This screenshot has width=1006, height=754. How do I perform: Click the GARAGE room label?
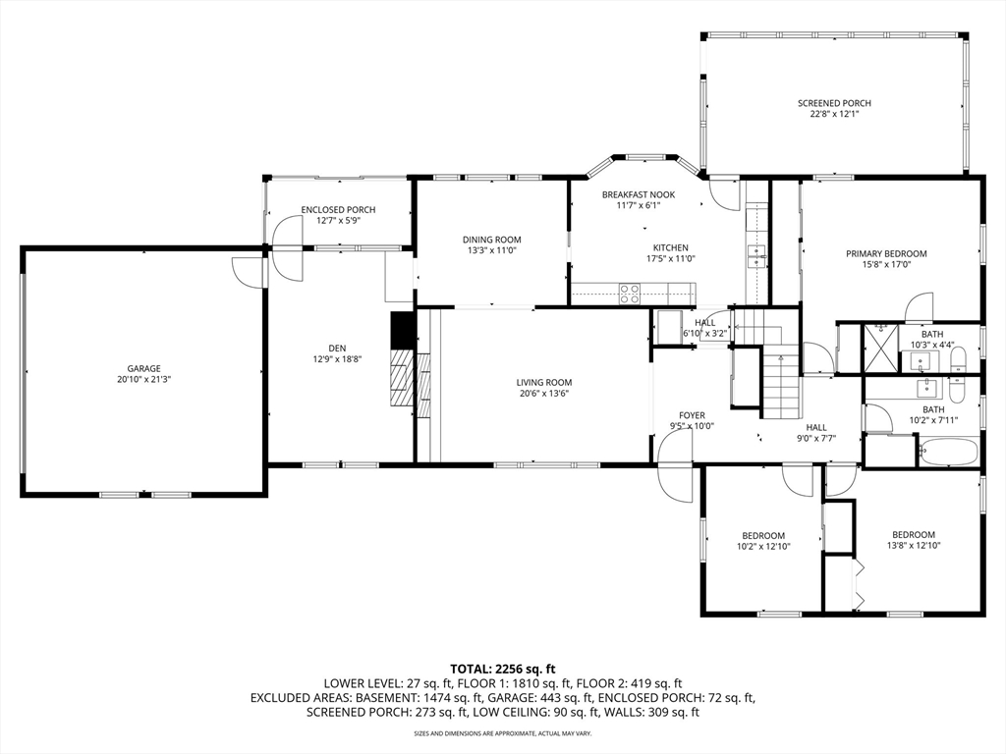coord(143,369)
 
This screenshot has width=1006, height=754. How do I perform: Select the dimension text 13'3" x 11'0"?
coord(491,250)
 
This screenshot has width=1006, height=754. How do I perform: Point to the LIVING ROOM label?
coord(544,383)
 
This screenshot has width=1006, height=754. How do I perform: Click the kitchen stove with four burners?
coord(630,294)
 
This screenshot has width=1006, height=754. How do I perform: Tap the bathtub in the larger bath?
coord(948,452)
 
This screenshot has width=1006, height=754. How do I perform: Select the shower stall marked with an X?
coord(881,348)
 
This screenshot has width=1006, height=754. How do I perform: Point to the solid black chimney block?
coord(403,330)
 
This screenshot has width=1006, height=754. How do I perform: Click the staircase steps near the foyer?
coord(781,385)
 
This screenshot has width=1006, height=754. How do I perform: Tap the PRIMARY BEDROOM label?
coord(886,254)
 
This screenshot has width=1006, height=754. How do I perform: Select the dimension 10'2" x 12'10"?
coord(763,547)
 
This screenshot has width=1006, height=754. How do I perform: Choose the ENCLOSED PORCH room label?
coord(338,210)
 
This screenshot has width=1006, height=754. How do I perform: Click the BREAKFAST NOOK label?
coord(639,195)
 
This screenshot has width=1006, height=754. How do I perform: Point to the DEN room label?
coord(338,349)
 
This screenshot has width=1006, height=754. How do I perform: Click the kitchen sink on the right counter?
coord(757,255)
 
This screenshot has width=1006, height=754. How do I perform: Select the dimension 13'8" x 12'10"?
coord(914,546)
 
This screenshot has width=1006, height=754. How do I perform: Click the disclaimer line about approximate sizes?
coord(502,732)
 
